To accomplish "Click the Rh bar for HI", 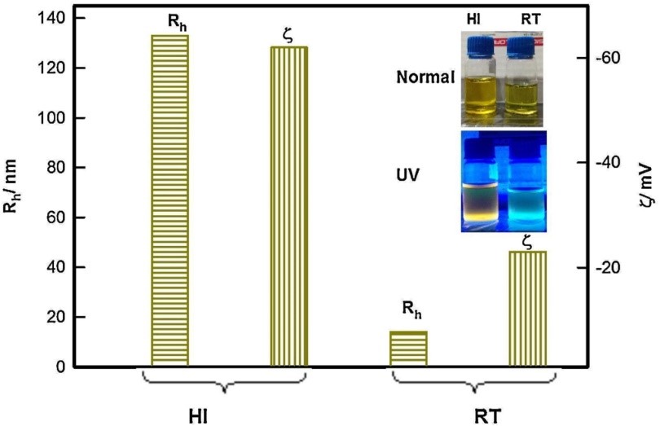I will [169, 200].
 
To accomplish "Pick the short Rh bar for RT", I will [408, 349].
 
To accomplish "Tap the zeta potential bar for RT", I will [528, 308].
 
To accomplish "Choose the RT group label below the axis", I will [486, 414].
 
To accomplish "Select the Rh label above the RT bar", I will [412, 307].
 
